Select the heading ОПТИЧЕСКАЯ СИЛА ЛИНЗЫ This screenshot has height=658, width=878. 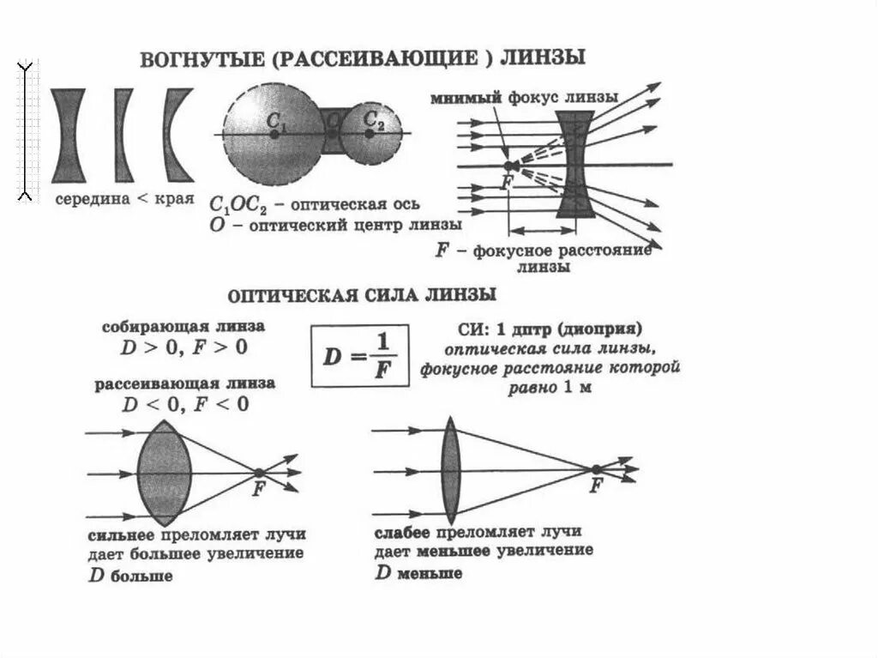(x=362, y=296)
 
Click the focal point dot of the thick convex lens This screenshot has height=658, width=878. (x=258, y=472)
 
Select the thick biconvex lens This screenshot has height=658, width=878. (x=164, y=473)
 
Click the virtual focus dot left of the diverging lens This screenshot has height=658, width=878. (x=508, y=165)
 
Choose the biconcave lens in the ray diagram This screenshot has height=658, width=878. (x=572, y=164)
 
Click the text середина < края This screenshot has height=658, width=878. (x=123, y=199)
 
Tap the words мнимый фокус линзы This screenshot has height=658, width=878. (x=525, y=97)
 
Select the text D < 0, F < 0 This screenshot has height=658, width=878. (x=185, y=403)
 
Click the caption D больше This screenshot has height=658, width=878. (x=130, y=576)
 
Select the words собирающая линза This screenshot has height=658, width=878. (x=183, y=328)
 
